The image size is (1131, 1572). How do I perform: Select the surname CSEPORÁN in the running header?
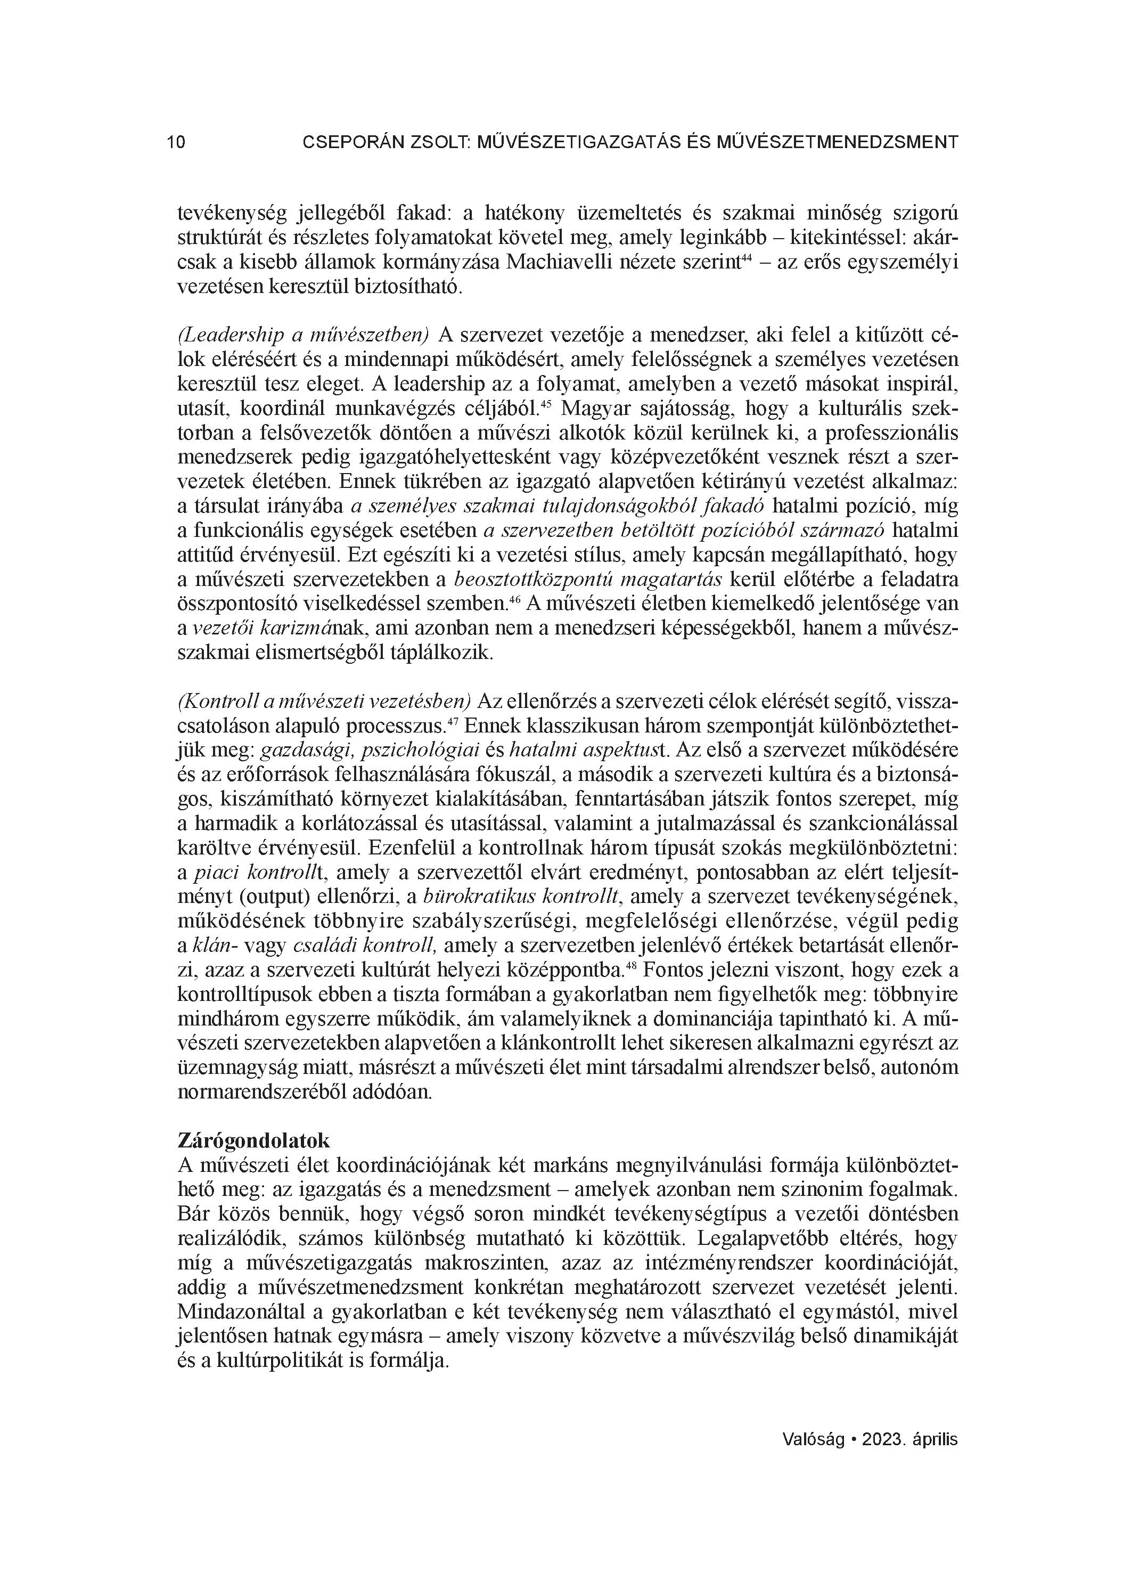tap(351, 143)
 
